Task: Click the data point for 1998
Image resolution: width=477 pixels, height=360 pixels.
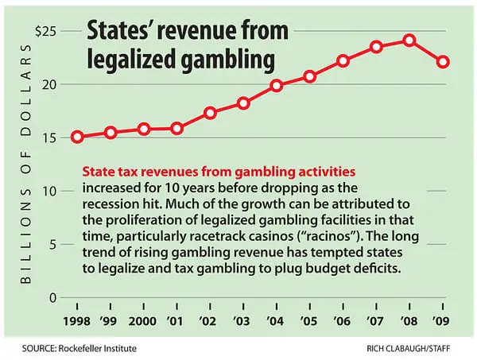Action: coord(77,137)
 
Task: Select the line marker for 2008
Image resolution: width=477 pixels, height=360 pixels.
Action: coord(409,40)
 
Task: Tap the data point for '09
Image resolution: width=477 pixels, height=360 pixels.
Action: coord(443,61)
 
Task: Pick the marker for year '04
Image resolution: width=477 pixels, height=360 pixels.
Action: coord(277,85)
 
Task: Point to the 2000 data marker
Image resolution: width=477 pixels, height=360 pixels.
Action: coord(144,129)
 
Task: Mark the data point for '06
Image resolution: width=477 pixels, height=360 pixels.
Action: coord(343,60)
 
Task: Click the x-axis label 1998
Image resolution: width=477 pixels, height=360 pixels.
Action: coord(77,324)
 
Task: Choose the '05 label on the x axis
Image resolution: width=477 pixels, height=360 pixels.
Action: coord(309,324)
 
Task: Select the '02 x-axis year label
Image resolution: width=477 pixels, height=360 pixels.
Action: coord(210,324)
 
